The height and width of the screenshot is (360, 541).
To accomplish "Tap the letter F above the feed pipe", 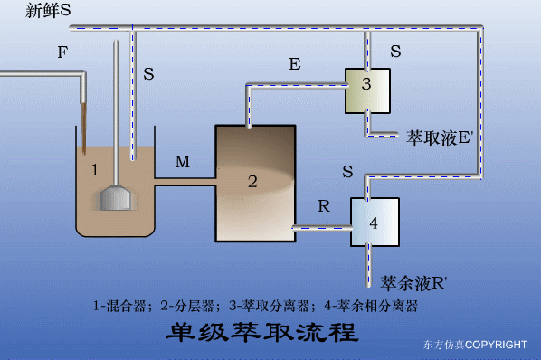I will tap(62, 53).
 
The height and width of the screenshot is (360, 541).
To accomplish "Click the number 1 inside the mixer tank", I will tap(95, 168).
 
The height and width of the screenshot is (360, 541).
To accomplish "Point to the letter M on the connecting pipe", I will tap(183, 162).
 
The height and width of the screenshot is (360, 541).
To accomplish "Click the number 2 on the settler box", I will tap(252, 181).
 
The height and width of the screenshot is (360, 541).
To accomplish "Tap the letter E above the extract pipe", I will tap(294, 64).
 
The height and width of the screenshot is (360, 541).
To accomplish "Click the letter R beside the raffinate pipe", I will tap(323, 205).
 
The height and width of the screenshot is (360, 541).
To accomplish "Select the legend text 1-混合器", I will tap(122, 306).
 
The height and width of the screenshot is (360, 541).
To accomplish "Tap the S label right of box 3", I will tap(394, 52).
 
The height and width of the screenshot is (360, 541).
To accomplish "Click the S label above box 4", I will tap(347, 171).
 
